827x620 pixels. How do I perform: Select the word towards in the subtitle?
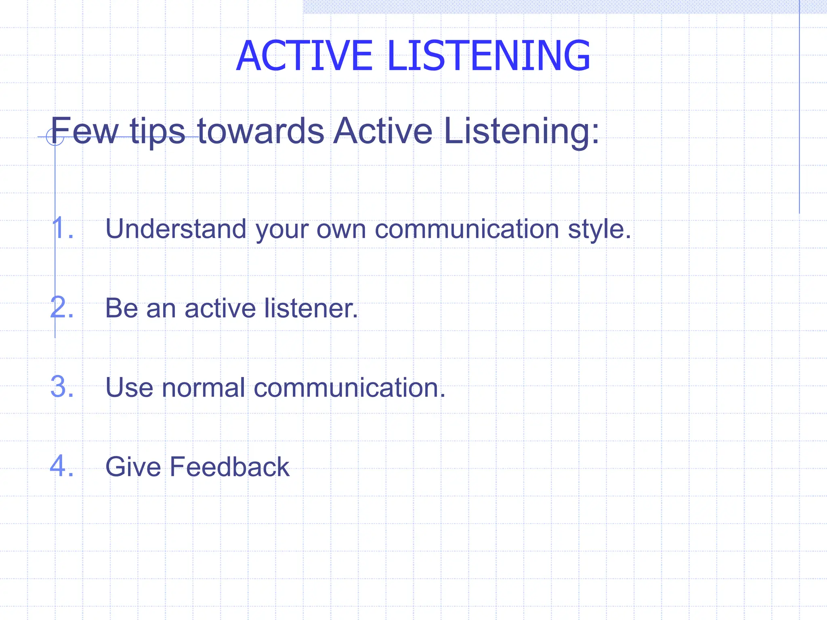pyautogui.click(x=260, y=131)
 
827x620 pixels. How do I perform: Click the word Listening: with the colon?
pyautogui.click(x=521, y=131)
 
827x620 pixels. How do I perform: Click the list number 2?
pyautogui.click(x=62, y=308)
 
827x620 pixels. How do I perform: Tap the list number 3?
pyautogui.click(x=62, y=387)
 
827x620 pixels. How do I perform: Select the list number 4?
pyautogui.click(x=62, y=466)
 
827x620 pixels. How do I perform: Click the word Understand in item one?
pyautogui.click(x=176, y=229)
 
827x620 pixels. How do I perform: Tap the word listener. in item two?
pyautogui.click(x=311, y=308)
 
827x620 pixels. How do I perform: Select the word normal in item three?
pyautogui.click(x=203, y=387)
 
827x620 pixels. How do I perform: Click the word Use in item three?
pyautogui.click(x=129, y=387)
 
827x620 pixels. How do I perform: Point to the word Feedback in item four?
pyautogui.click(x=229, y=467)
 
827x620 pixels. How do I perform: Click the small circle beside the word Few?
pyautogui.click(x=55, y=137)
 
